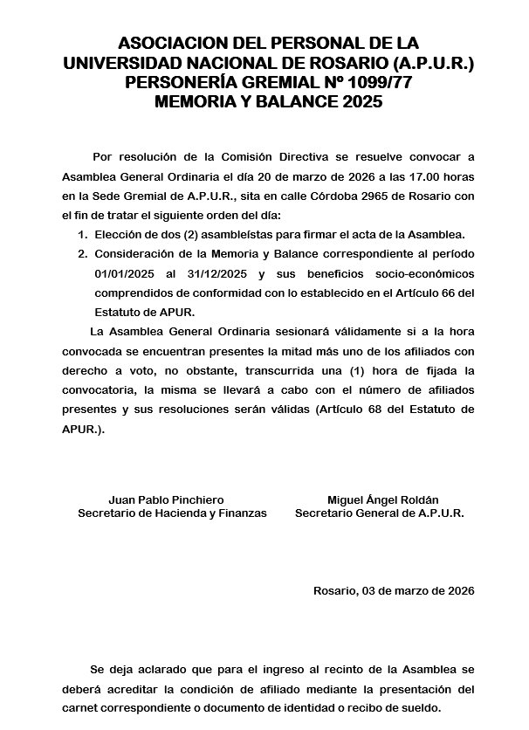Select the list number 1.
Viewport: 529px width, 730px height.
coord(82,235)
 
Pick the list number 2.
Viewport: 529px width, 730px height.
coord(82,254)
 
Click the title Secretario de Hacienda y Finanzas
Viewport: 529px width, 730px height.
coord(172,513)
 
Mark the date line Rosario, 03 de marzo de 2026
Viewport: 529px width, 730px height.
coord(394,591)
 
